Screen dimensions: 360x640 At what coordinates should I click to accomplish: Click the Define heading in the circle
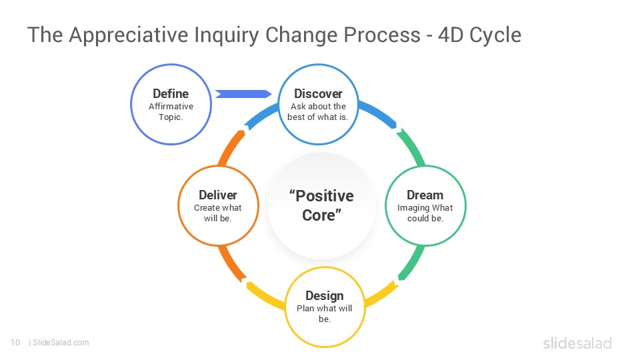pyautogui.click(x=171, y=93)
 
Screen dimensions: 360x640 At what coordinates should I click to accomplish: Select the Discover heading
pyautogui.click(x=318, y=93)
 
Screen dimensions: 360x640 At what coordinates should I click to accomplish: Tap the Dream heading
pyautogui.click(x=425, y=195)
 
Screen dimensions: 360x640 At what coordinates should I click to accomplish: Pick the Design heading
pyautogui.click(x=325, y=295)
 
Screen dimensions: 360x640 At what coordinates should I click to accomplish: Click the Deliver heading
pyautogui.click(x=217, y=195)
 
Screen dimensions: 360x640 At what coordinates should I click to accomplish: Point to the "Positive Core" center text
pyautogui.click(x=321, y=205)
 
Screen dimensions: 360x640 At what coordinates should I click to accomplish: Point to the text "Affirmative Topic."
pyautogui.click(x=171, y=111)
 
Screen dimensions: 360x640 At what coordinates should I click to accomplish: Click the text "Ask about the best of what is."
pyautogui.click(x=318, y=111)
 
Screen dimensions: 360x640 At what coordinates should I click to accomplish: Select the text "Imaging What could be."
pyautogui.click(x=425, y=213)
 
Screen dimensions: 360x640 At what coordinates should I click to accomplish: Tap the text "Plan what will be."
pyautogui.click(x=325, y=313)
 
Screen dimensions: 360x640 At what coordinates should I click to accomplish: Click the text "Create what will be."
pyautogui.click(x=217, y=213)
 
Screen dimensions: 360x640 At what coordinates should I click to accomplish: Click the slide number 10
pyautogui.click(x=15, y=343)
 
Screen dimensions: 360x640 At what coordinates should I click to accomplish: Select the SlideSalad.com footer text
pyautogui.click(x=60, y=343)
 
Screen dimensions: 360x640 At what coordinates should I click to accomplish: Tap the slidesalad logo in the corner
pyautogui.click(x=577, y=343)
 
